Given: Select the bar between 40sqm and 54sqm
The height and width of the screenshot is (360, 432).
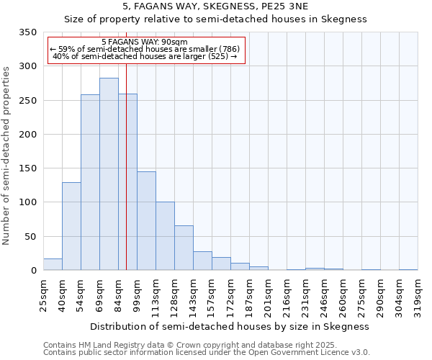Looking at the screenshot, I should click(71, 226).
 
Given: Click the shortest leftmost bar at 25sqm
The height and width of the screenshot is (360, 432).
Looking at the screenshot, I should click(53, 264).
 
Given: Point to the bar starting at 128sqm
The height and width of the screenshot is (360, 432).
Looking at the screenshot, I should click(184, 248).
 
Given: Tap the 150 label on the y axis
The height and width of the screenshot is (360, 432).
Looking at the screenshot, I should click(27, 168).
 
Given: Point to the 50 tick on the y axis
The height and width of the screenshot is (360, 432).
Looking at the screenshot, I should click(30, 236).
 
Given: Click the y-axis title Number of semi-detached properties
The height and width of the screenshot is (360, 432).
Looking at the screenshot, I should click(6, 155).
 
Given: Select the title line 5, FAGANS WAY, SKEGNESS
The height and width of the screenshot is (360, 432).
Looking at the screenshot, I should click(216, 6).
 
